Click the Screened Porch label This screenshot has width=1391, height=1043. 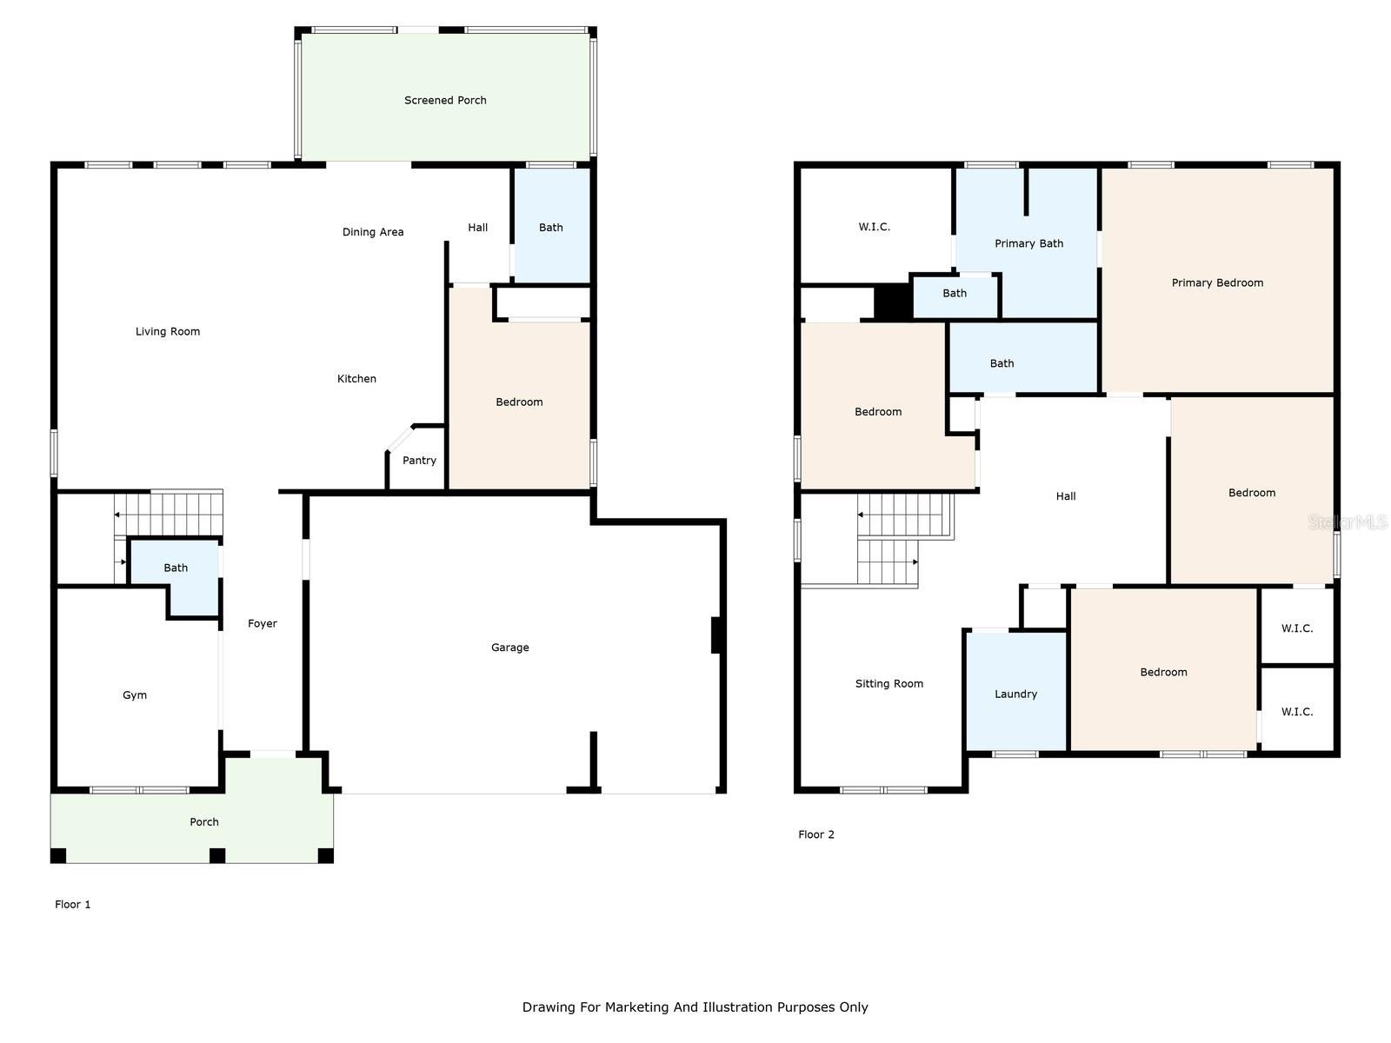point(445,100)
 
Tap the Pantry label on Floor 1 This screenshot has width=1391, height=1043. point(419,461)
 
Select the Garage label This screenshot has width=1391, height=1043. point(509,648)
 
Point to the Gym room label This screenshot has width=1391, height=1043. point(135,695)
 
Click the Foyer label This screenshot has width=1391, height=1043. point(263,624)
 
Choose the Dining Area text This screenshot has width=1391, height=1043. point(373,232)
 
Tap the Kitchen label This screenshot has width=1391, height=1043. point(356,379)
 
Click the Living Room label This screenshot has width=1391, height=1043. point(167,332)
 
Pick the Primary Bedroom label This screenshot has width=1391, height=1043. point(1217,283)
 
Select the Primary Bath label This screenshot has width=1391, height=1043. point(1028,244)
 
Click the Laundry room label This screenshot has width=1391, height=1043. point(1015,694)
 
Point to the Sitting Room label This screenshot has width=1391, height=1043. point(889,684)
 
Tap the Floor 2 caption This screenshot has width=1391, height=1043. point(815,834)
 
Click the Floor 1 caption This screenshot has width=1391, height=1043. point(72,904)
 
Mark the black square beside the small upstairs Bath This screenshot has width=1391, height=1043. point(893,302)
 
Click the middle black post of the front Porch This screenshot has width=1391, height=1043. point(217,855)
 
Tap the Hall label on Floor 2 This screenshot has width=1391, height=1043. point(1065,496)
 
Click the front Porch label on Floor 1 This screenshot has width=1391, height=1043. point(204,822)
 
